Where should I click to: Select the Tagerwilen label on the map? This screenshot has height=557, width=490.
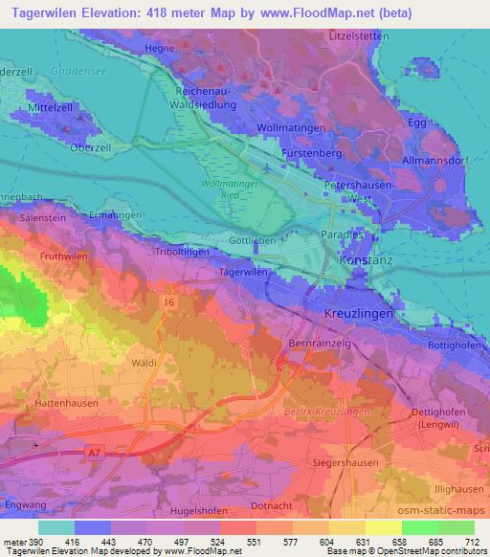tap(242, 272)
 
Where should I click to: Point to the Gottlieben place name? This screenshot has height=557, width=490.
tap(253, 240)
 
